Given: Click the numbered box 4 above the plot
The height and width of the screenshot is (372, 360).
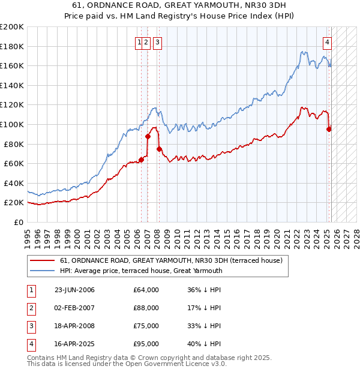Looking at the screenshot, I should (x=328, y=42).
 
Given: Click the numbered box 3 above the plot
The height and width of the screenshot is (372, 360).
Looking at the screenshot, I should (x=157, y=42).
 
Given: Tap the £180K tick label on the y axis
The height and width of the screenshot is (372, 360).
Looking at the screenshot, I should (x=12, y=46).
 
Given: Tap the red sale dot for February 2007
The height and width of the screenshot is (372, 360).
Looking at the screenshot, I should (x=148, y=136).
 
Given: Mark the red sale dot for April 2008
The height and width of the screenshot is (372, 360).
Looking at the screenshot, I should (x=159, y=149).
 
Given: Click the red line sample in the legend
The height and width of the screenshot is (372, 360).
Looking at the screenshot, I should (x=42, y=260).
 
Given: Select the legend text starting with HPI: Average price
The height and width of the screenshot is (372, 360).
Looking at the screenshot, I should (x=141, y=271).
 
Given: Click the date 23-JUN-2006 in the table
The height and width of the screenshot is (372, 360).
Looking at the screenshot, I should (x=74, y=290).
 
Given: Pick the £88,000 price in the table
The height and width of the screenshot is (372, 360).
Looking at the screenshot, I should (x=146, y=308).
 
